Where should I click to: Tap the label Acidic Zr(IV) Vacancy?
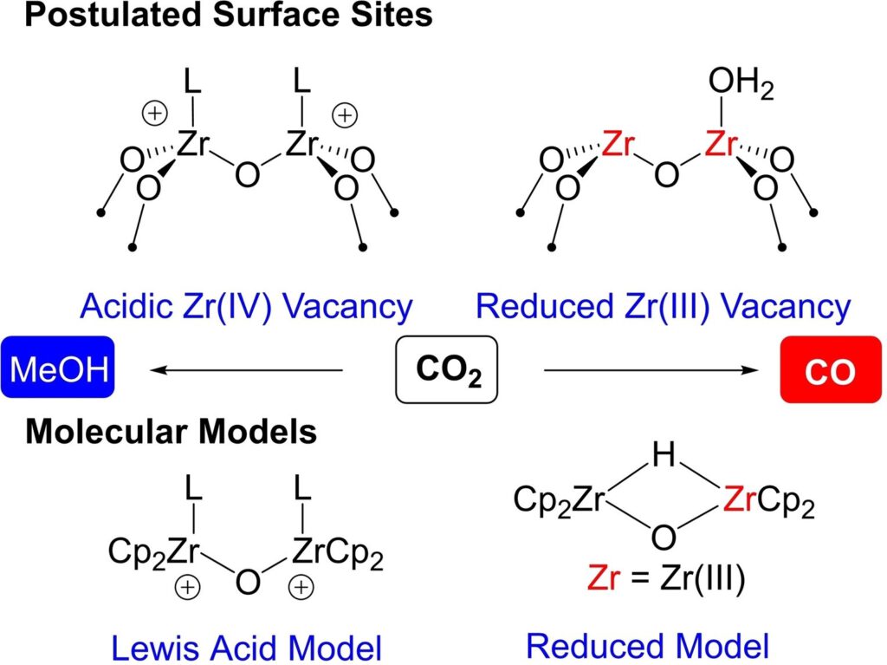tap(243, 306)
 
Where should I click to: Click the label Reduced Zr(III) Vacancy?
tap(664, 306)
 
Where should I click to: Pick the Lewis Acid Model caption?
tap(248, 645)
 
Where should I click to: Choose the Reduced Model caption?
tap(647, 645)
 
